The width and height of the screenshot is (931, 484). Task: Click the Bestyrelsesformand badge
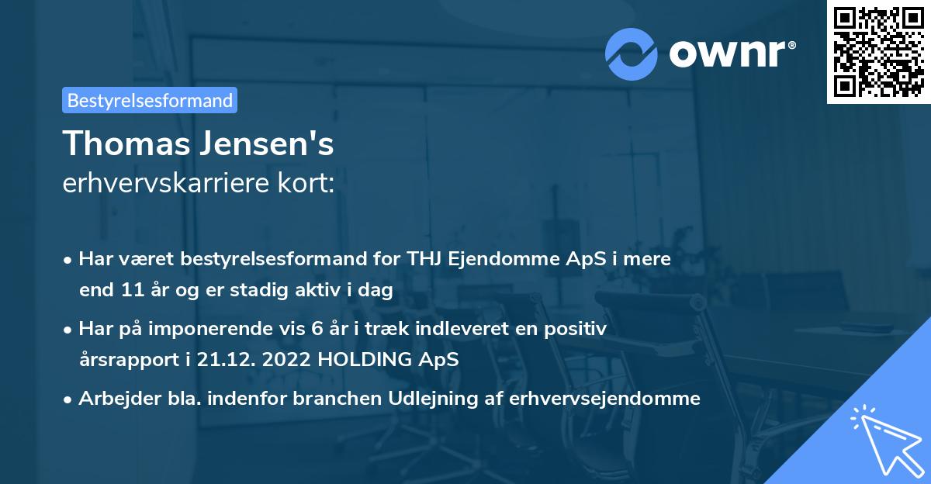click(149, 100)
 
